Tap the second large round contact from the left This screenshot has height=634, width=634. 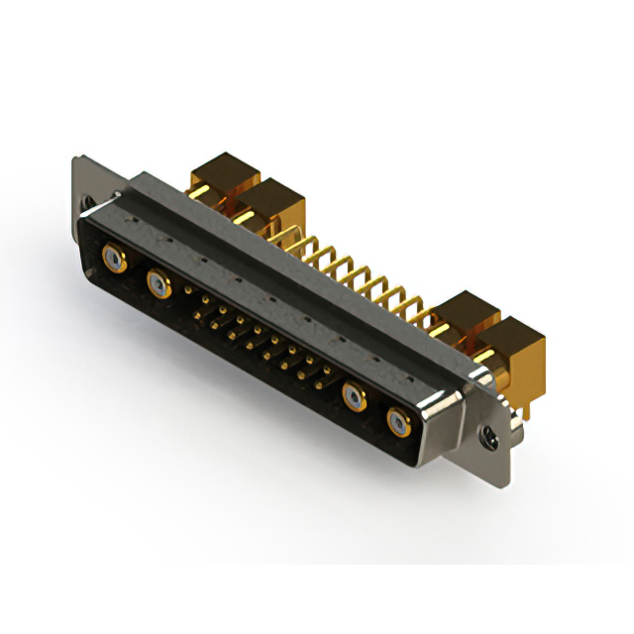[158, 285]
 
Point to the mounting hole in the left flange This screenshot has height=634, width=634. [87, 209]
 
